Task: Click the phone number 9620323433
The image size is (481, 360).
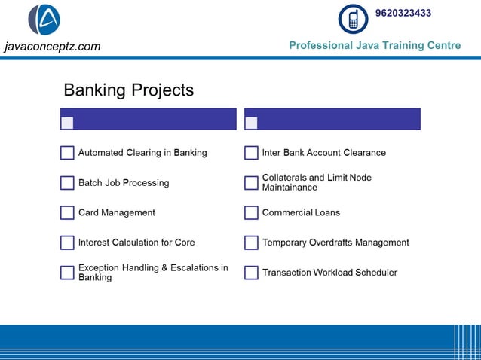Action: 403,14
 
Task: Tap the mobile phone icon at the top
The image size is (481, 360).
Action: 353,20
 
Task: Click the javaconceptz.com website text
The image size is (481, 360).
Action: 52,47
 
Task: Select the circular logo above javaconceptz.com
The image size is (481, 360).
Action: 44,20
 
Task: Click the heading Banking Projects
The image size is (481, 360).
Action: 128,90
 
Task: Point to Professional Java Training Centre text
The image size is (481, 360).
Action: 375,46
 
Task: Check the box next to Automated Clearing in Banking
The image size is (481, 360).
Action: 67,153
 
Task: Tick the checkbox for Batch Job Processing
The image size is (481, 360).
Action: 67,183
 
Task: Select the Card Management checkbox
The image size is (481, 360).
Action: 67,213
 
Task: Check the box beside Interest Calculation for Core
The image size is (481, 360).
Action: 67,243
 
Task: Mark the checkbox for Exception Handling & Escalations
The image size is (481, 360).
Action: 67,273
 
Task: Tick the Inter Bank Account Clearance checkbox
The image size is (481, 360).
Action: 251,153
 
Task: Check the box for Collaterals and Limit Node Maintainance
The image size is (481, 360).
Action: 251,183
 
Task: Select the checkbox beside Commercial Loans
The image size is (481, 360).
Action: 251,213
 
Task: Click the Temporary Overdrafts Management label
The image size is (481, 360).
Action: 335,243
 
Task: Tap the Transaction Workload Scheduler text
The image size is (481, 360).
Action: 329,273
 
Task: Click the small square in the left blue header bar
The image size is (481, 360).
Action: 67,123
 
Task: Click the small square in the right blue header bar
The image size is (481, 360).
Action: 251,123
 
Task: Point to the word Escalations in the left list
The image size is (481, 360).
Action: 190,268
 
